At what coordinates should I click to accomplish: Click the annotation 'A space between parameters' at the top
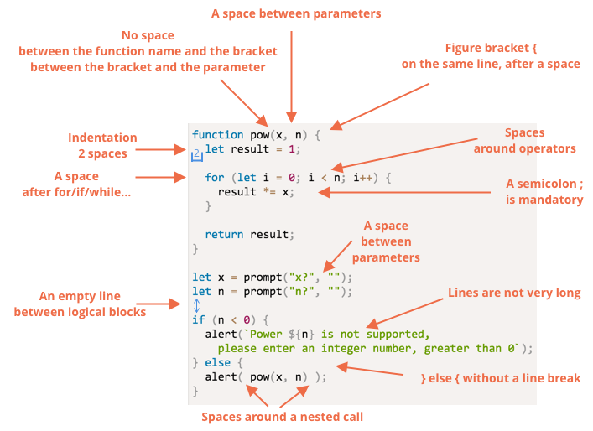tap(297, 13)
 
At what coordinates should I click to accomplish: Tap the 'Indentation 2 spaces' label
tap(103, 145)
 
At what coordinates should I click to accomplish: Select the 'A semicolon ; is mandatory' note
tap(544, 191)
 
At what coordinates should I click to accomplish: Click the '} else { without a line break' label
tap(500, 378)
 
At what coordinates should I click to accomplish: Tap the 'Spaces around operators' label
tap(524, 140)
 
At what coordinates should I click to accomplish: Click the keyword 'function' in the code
tap(218, 134)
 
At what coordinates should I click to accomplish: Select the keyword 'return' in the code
tap(224, 234)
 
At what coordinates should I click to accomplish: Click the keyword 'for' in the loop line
tap(215, 178)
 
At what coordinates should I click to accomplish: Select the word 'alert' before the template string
tap(221, 334)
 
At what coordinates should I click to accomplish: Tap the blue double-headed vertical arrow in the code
tap(196, 305)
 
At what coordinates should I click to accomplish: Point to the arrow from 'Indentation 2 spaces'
tap(160, 150)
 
